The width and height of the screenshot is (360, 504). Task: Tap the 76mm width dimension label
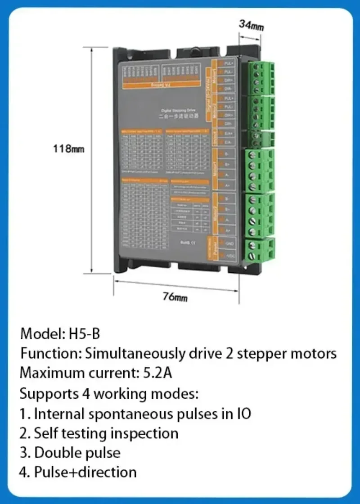(175, 297)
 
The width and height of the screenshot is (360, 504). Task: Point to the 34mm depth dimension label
(251, 25)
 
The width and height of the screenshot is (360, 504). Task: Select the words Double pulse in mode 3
(77, 452)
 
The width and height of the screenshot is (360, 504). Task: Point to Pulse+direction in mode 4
(85, 472)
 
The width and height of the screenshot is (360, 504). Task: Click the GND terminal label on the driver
(229, 243)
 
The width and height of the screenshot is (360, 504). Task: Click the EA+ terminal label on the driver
(229, 134)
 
